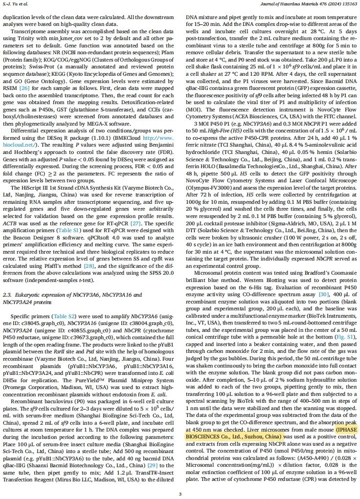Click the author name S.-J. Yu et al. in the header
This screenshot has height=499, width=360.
pyautogui.click(x=15, y=4)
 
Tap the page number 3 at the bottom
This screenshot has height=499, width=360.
pyautogui.click(x=180, y=494)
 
